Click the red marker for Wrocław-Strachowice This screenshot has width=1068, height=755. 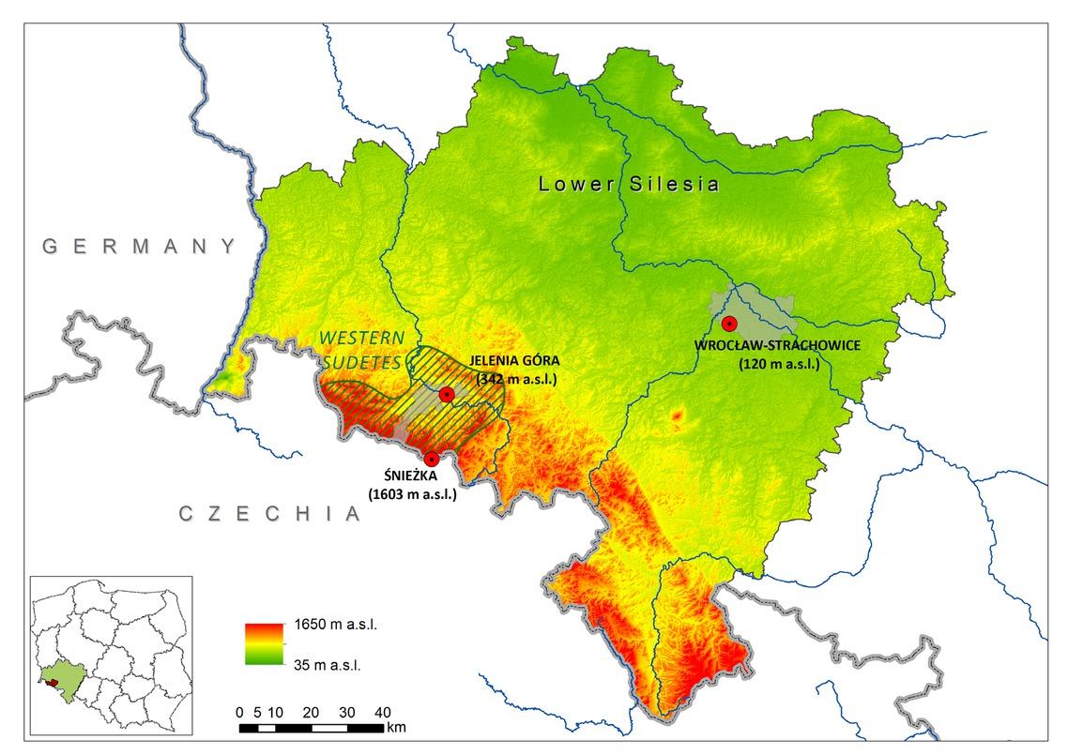pyautogui.click(x=729, y=324)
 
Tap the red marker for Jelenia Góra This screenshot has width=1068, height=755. pyautogui.click(x=447, y=395)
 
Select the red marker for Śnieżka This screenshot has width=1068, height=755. pyautogui.click(x=431, y=459)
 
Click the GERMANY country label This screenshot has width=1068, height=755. pyautogui.click(x=140, y=247)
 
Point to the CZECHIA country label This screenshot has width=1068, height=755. pyautogui.click(x=269, y=513)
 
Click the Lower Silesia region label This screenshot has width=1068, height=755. pyautogui.click(x=629, y=185)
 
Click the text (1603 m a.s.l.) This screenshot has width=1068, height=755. pyautogui.click(x=412, y=493)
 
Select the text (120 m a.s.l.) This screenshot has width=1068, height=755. pyautogui.click(x=778, y=363)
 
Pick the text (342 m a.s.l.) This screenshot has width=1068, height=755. pyautogui.click(x=517, y=379)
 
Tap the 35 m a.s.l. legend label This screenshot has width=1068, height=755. pyautogui.click(x=323, y=664)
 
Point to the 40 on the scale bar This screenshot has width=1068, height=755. pyautogui.click(x=383, y=711)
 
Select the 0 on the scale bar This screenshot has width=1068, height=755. pyautogui.click(x=240, y=711)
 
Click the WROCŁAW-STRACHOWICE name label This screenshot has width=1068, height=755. pyautogui.click(x=777, y=345)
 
